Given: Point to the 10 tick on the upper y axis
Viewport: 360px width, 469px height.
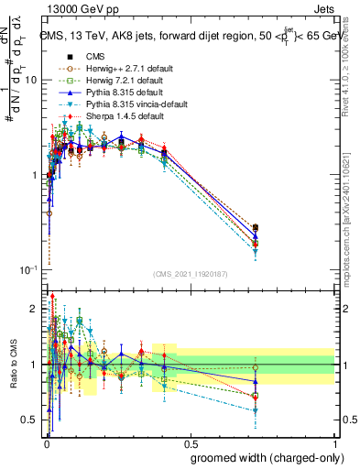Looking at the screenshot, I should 30,81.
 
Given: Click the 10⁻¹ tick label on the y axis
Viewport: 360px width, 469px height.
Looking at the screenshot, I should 27,270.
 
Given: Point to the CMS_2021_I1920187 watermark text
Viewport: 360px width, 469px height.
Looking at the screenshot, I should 190,274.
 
